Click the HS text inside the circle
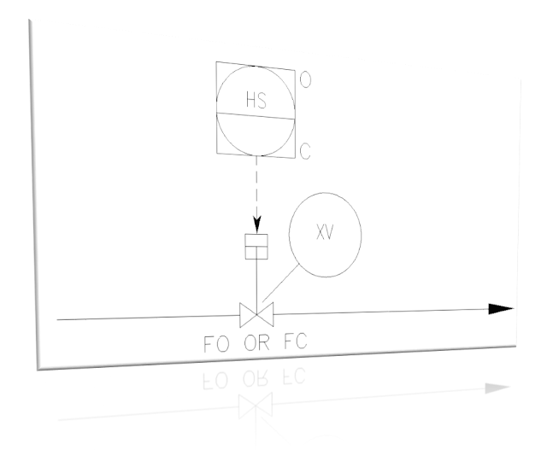(256, 101)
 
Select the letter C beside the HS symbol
(305, 152)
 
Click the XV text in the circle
(325, 234)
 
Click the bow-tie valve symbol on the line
(256, 314)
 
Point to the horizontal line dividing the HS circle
(256, 117)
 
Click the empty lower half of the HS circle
(256, 137)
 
